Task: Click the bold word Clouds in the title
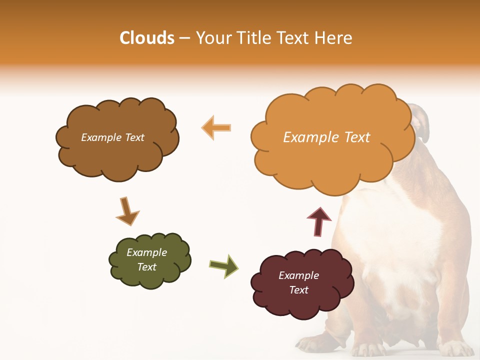(x=147, y=38)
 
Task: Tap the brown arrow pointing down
(x=127, y=211)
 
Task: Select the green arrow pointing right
(x=224, y=266)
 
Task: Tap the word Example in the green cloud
(x=146, y=252)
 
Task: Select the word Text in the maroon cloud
(x=298, y=290)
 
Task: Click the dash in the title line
(x=184, y=38)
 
